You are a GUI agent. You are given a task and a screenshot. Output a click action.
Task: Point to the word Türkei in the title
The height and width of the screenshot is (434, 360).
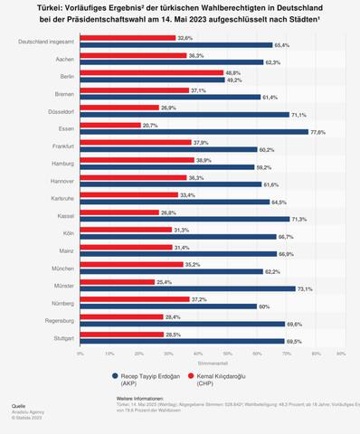click(x=64, y=8)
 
